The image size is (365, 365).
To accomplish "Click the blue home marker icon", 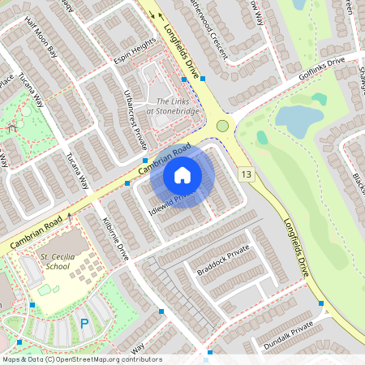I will tap(182, 174).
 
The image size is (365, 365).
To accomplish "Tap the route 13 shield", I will tap(246, 174).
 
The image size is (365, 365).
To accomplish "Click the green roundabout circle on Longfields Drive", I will tap(222, 126).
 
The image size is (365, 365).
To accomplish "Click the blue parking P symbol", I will tap(84, 324).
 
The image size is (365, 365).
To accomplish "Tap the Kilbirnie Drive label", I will tap(117, 238).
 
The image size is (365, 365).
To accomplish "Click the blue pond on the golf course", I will tap(297, 118).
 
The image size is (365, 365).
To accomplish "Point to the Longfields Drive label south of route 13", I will tap(296, 247).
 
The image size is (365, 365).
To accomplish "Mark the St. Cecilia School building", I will tap(71, 243).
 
